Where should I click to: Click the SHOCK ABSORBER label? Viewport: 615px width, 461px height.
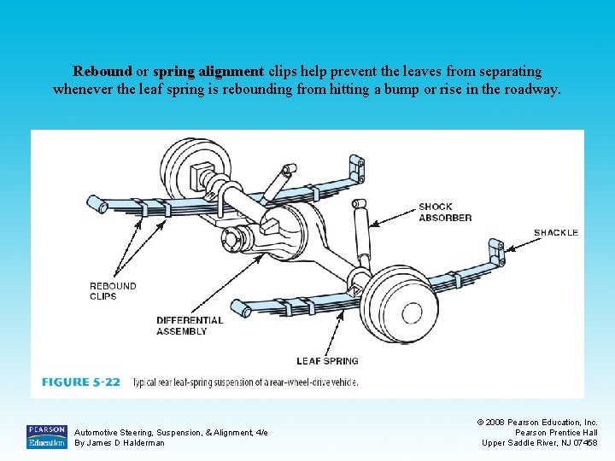pyautogui.click(x=444, y=212)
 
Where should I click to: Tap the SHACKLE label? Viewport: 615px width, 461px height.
pyautogui.click(x=555, y=232)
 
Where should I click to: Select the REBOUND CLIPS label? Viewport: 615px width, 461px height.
pyautogui.click(x=113, y=291)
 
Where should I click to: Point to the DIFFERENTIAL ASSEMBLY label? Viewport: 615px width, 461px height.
pyautogui.click(x=189, y=325)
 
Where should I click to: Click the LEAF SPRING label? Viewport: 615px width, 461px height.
pyautogui.click(x=327, y=361)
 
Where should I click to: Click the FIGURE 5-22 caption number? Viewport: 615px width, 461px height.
pyautogui.click(x=81, y=382)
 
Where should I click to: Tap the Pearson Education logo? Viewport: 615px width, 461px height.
pyautogui.click(x=46, y=436)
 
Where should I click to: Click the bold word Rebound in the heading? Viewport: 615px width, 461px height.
pyautogui.click(x=102, y=71)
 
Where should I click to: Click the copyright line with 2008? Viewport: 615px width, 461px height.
pyautogui.click(x=537, y=422)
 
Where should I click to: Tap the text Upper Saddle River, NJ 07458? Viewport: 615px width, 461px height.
pyautogui.click(x=540, y=442)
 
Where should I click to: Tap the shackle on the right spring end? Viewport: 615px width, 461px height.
pyautogui.click(x=495, y=253)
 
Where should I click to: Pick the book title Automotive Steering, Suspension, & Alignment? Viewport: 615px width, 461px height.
pyautogui.click(x=171, y=433)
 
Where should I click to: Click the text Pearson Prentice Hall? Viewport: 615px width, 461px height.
pyautogui.click(x=556, y=432)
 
